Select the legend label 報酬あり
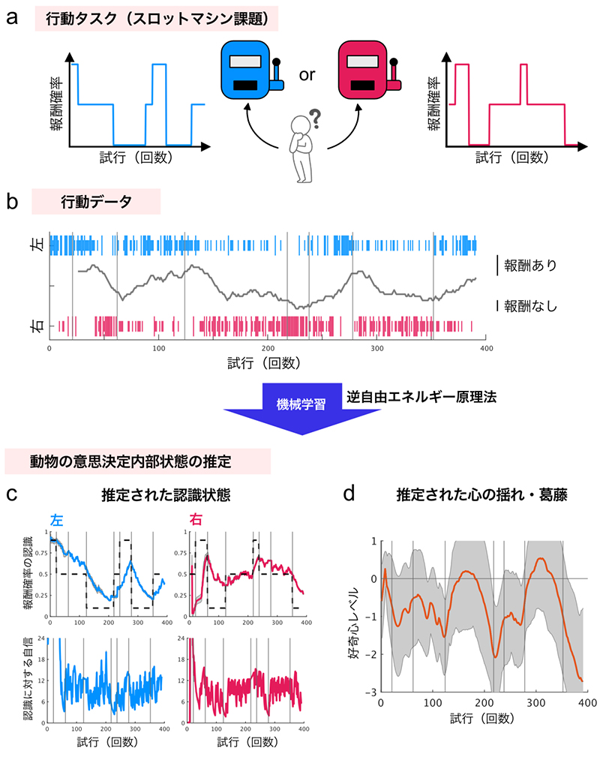point(532,265)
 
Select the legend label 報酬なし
point(532,305)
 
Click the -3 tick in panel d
point(369,692)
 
